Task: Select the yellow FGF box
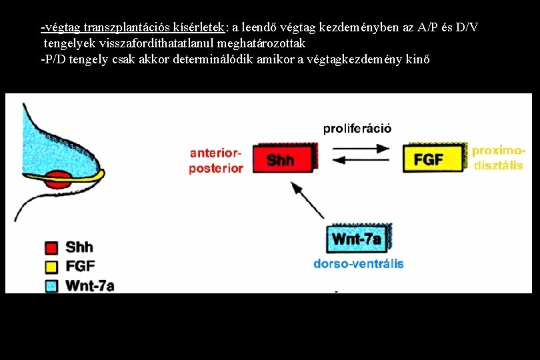(433, 158)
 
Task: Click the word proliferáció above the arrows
(357, 128)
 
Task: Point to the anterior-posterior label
(216, 161)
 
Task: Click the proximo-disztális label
(499, 158)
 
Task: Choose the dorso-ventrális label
(359, 264)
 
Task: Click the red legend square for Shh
(51, 248)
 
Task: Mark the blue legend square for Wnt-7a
(51, 285)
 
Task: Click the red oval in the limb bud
(59, 179)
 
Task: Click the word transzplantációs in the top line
(125, 28)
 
